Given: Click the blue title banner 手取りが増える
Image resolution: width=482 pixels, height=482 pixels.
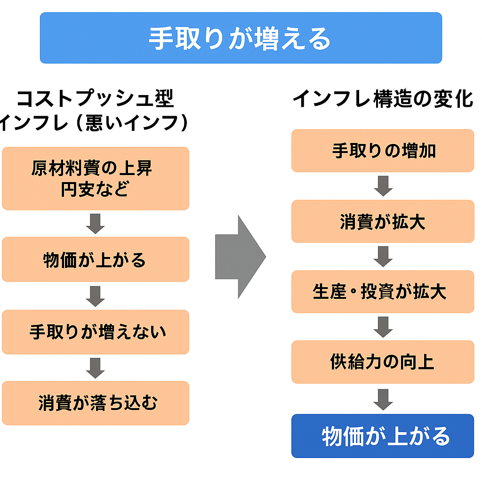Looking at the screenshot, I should click(241, 38).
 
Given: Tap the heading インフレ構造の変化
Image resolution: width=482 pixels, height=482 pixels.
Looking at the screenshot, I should click(383, 99).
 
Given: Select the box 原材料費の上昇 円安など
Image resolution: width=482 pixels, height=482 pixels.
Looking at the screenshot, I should click(95, 178).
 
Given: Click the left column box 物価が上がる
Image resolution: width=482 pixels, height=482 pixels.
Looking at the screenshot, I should click(95, 259).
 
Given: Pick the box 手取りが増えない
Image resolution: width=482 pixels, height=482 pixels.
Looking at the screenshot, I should click(95, 332).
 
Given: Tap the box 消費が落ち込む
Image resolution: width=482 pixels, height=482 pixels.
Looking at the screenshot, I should click(95, 403).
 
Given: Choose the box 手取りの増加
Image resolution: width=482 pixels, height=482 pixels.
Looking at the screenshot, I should click(383, 151).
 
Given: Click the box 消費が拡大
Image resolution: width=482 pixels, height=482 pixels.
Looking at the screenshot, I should click(383, 221).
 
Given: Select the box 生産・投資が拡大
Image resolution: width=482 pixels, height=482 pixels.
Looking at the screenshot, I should click(383, 292).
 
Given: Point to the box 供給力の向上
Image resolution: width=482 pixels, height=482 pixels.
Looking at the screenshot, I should click(383, 361).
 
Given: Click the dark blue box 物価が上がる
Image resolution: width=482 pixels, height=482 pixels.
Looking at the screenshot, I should click(383, 436).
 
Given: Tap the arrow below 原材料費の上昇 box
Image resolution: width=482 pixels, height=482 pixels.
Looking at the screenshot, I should click(96, 224).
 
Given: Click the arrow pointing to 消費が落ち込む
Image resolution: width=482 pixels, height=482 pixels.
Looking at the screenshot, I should click(96, 368).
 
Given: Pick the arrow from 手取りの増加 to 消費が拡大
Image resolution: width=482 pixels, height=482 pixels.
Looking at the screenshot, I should click(383, 186).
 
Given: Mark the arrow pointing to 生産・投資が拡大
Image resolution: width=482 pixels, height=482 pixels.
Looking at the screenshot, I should click(383, 257).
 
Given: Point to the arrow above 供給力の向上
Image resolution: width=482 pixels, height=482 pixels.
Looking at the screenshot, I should click(383, 327).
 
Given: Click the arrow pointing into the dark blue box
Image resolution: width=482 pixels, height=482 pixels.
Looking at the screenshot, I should click(383, 399).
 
